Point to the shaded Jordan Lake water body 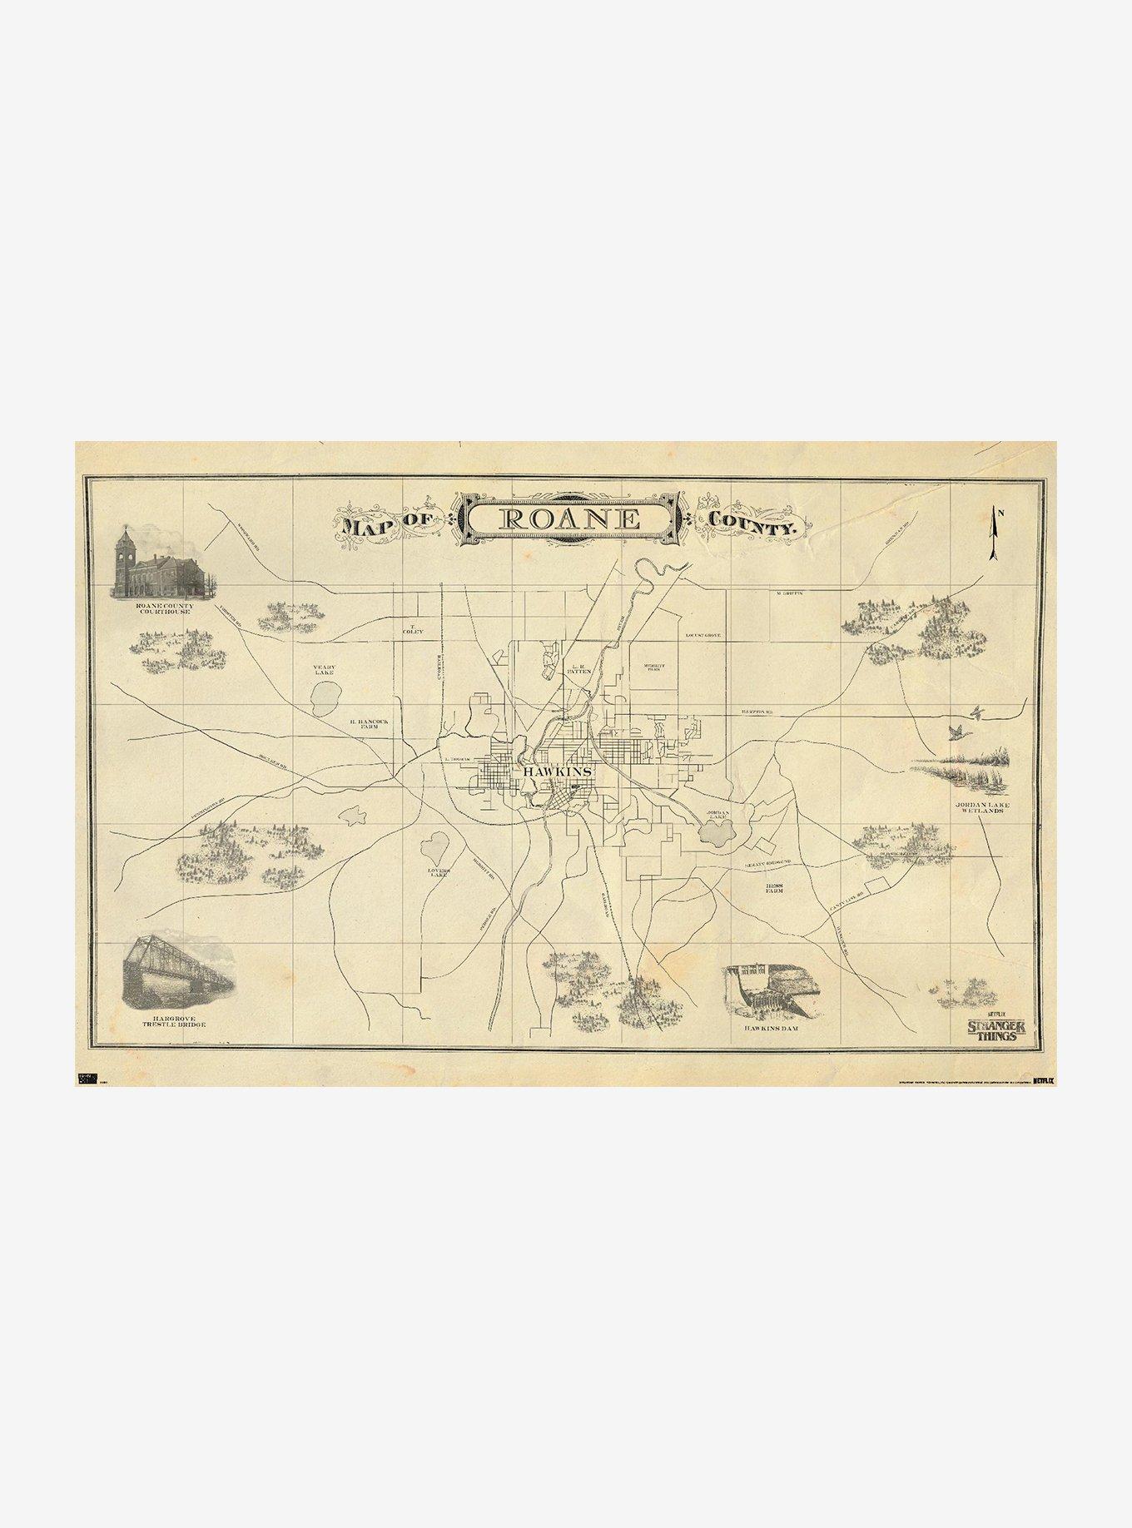click(715, 832)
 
